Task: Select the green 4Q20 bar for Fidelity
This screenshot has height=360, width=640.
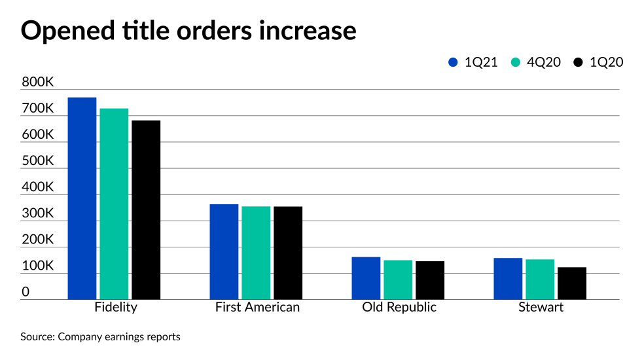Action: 114,204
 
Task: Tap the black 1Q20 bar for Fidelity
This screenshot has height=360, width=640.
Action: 146,209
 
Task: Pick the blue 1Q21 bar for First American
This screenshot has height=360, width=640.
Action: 224,251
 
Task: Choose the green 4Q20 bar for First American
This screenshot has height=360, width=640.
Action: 256,253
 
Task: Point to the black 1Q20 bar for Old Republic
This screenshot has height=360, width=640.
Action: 430,280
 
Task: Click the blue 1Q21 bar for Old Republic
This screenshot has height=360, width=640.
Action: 366,278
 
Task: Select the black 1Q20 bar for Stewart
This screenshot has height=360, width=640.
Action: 572,283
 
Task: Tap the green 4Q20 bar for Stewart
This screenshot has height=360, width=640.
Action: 540,279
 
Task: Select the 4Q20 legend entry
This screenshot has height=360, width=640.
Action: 536,63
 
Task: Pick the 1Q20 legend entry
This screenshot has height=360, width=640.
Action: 598,63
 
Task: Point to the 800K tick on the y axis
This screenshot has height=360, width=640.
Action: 37,82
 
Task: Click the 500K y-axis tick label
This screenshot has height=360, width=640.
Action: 37,161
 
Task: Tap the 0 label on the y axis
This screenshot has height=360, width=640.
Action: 26,292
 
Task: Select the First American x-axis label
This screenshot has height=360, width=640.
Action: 257,308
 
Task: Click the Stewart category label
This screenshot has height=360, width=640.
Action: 541,308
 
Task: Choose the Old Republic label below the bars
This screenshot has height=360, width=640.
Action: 399,308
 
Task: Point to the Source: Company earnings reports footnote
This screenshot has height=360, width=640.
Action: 100,337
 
